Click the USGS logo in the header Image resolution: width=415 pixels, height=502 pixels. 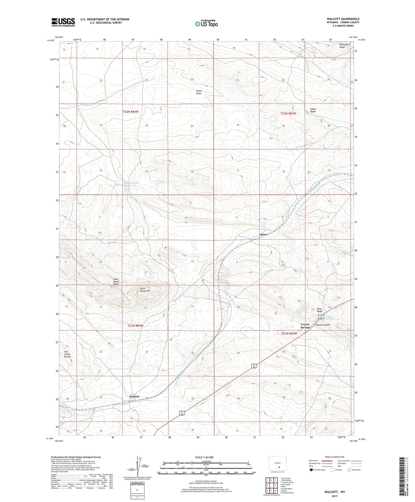(63, 22)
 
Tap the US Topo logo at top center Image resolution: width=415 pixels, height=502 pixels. (206, 24)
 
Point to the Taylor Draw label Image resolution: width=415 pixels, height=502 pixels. (199, 92)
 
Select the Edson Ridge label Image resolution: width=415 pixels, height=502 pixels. (313, 110)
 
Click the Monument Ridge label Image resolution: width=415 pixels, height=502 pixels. (344, 45)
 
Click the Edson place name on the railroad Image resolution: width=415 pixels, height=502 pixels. (263, 235)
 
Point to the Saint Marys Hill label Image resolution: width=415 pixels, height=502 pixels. (145, 290)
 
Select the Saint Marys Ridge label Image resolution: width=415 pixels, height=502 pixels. (116, 281)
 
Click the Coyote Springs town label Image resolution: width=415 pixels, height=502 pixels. (305, 326)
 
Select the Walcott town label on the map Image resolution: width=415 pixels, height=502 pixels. (134, 396)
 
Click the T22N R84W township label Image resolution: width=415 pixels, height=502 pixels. (132, 112)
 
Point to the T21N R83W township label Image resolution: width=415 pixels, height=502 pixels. (289, 334)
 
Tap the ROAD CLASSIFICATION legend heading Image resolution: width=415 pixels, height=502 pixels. (335, 457)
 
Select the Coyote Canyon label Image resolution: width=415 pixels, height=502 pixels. (323, 325)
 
